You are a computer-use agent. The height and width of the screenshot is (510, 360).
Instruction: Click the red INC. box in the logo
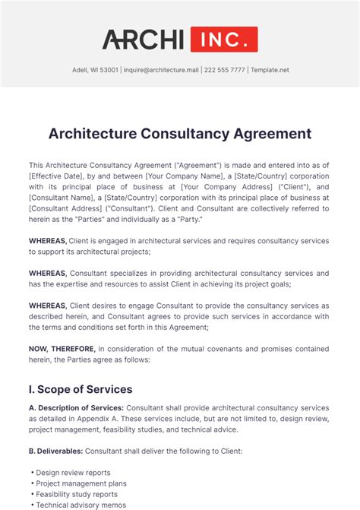224,40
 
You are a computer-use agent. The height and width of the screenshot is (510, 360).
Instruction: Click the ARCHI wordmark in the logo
143,40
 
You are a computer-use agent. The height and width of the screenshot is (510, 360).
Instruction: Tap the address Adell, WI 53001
90,70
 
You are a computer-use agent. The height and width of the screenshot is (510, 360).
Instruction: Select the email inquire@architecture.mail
163,70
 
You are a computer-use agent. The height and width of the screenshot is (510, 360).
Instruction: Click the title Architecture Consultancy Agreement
180,134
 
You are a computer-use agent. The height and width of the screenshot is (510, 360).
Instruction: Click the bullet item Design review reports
73,473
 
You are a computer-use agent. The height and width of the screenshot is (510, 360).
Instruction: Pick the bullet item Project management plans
81,483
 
